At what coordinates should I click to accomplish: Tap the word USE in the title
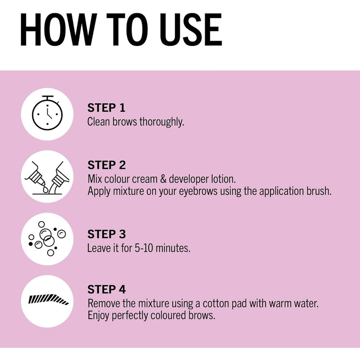[191, 30]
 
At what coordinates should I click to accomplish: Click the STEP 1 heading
[106, 108]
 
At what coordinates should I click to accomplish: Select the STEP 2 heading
[106, 165]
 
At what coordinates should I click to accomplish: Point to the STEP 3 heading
[106, 234]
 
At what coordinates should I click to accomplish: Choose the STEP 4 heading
[106, 289]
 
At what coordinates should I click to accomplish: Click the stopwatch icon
[47, 113]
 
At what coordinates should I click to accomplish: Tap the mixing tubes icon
[47, 178]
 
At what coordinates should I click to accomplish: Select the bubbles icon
[47, 239]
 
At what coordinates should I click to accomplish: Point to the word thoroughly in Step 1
[162, 122]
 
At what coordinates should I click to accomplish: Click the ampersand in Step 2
[163, 179]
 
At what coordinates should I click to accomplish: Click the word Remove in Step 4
[104, 303]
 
